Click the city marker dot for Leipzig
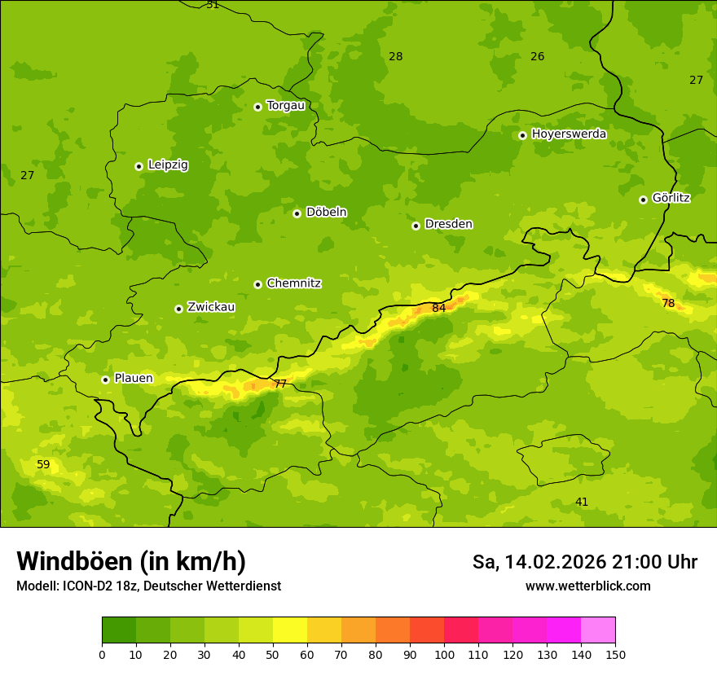tap(139, 166)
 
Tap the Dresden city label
tap(448, 224)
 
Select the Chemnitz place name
tap(293, 283)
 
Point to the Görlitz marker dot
tap(643, 200)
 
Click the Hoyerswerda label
tap(569, 134)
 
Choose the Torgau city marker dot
tap(257, 107)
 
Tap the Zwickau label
tap(211, 307)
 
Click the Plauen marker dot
tap(105, 380)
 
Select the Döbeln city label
tap(326, 212)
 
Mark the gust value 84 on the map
tap(439, 308)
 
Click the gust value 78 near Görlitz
tap(668, 303)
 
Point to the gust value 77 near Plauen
tap(280, 384)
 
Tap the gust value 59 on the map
tap(43, 465)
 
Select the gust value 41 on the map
tap(582, 502)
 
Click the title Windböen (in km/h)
tap(131, 561)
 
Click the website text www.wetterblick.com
tap(587, 586)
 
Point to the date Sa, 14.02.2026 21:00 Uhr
tap(584, 562)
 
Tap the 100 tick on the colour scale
tap(444, 654)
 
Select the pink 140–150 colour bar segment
tap(598, 630)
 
